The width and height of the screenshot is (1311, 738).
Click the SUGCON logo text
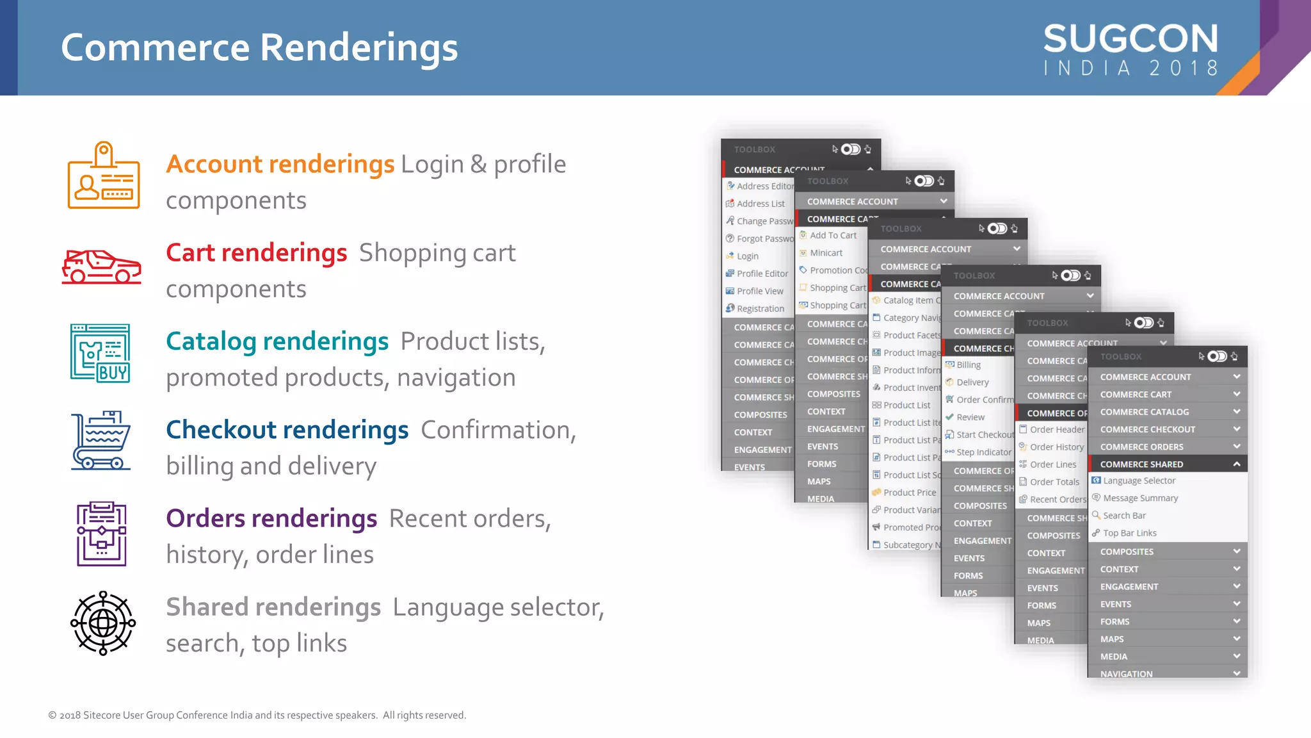coord(1130,39)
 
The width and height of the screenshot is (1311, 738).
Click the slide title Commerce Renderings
coord(259,47)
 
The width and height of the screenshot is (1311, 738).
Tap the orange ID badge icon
coord(104,176)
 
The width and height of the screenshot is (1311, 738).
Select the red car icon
coord(101,266)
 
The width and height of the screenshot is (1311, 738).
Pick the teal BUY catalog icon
coord(101,354)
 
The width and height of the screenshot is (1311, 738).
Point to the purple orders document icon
coord(102,534)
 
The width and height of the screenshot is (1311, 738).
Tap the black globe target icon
coord(103,623)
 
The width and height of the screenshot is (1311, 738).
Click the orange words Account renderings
coord(280,164)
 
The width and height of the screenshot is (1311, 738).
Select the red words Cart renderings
coord(256,252)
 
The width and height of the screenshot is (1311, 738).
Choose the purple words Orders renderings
coord(271,518)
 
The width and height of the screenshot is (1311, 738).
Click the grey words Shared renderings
coord(273,607)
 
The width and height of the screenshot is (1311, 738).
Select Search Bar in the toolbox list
coord(1124,516)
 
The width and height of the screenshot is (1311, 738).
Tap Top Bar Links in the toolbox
coord(1129,533)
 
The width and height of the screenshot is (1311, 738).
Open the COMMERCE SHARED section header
coord(1141,464)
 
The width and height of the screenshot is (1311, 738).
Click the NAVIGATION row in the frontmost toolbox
coord(1126,673)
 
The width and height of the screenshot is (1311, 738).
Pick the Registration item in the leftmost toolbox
coord(760,309)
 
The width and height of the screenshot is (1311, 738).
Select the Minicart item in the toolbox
coord(826,253)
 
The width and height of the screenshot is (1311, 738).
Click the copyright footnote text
coord(257,715)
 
